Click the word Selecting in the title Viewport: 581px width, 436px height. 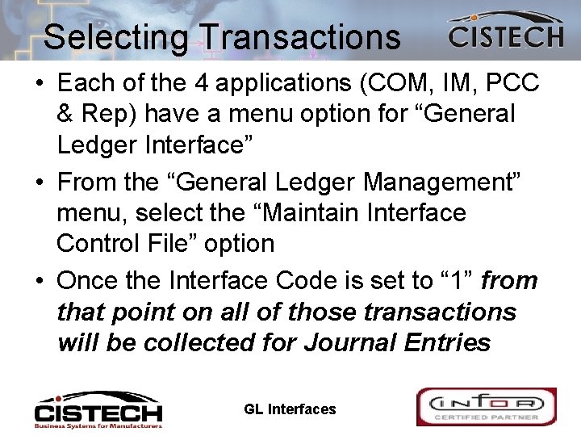point(116,37)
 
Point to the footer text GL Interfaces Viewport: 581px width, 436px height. point(290,409)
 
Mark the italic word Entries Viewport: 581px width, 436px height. point(449,342)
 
